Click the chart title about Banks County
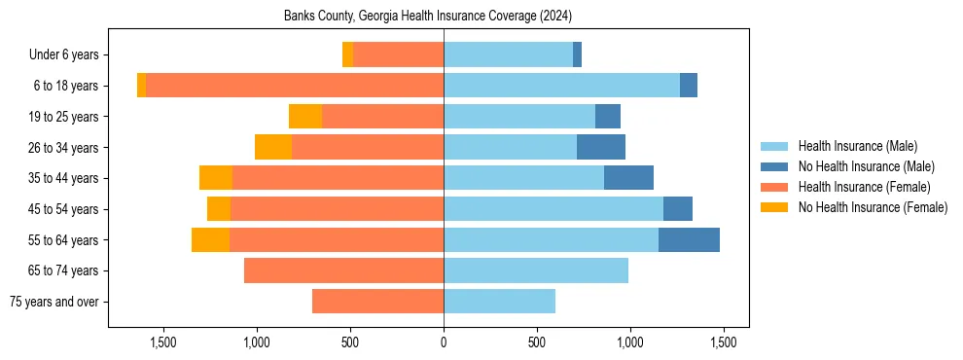tap(428, 17)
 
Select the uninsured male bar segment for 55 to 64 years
tap(689, 239)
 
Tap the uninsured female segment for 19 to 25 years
tap(305, 116)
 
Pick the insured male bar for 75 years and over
tap(499, 302)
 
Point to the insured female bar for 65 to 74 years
tap(343, 270)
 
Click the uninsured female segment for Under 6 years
tap(347, 54)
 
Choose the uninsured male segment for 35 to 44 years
tap(628, 178)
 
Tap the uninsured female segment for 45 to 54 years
tap(219, 209)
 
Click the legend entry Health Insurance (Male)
tap(857, 146)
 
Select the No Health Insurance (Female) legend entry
tap(873, 207)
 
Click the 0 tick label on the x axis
tap(444, 342)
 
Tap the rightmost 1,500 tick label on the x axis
tap(723, 342)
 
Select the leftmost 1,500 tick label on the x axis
tap(163, 342)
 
